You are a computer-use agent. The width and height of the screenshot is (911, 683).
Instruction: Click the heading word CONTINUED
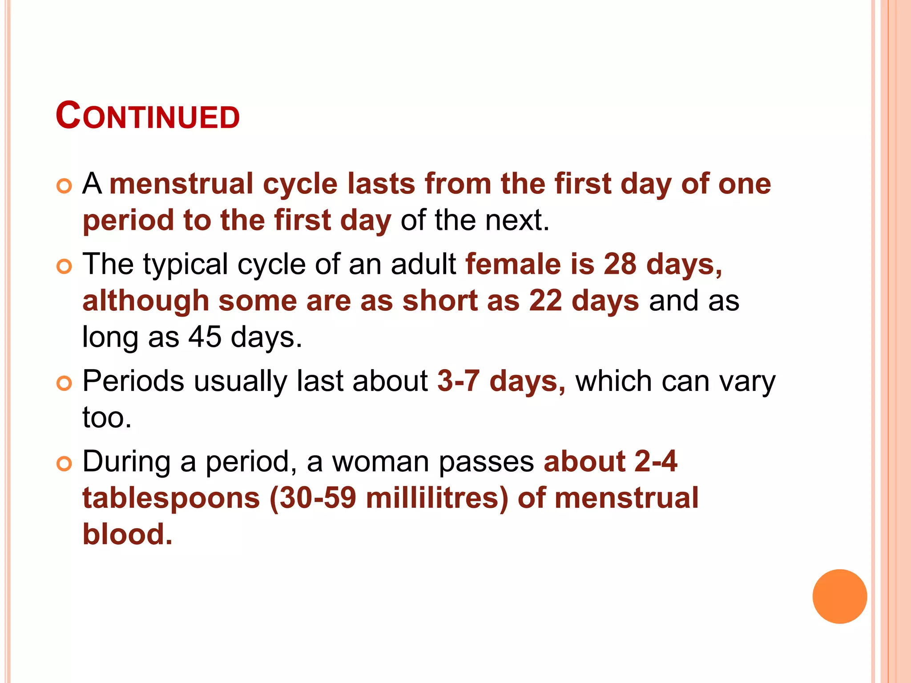pos(148,116)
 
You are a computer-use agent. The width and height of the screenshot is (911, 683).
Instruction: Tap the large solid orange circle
pos(839,596)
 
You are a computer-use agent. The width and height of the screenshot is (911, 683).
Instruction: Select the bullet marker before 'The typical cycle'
pos(64,266)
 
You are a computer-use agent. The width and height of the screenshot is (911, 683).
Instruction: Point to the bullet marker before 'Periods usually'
pos(64,383)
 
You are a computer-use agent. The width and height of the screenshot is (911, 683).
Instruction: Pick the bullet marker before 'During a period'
pos(64,464)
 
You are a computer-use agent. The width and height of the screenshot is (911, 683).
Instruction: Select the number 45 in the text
pos(205,337)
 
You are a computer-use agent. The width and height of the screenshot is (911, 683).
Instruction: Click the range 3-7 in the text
pos(459,381)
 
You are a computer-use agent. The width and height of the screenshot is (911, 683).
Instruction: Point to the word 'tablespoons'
pos(171,498)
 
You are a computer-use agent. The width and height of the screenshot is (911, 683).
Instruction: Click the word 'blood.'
pos(127,534)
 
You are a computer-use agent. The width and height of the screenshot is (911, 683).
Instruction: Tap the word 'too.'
pos(107,418)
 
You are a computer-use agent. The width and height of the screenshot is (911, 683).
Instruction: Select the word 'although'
pos(146,301)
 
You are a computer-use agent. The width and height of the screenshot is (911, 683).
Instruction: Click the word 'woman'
pos(381,462)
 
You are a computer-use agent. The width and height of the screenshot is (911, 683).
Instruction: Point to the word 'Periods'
pos(133,381)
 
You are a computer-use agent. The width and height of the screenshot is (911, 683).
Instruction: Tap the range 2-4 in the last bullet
pos(655,461)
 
